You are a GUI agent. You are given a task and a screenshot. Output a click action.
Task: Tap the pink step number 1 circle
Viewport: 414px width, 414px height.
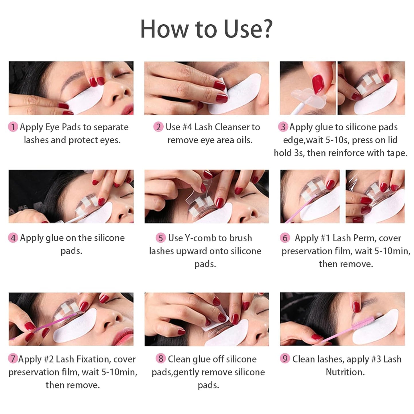tap(13, 127)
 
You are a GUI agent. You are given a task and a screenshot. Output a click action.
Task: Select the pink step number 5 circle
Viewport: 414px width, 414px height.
tap(161, 238)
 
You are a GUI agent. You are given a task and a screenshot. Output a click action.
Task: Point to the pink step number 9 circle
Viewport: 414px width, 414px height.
tap(285, 359)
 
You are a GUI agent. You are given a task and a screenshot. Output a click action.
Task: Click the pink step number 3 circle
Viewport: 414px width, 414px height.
tap(283, 127)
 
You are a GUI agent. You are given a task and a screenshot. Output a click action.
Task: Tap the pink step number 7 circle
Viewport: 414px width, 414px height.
tap(13, 359)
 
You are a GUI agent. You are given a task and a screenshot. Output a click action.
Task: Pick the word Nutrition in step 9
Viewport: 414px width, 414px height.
tap(345, 372)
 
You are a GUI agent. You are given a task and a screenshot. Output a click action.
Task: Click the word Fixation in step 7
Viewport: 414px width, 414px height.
tap(92, 359)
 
